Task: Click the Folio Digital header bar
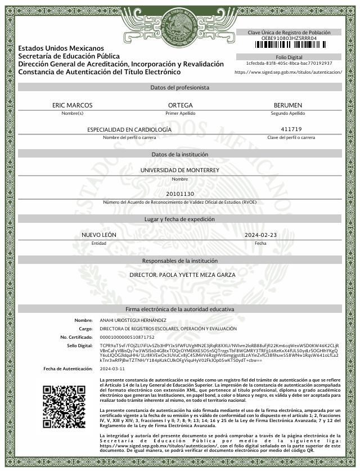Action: (x=289, y=57)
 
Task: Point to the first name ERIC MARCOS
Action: (x=72, y=105)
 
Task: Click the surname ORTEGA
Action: (x=180, y=105)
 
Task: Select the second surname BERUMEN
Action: (x=287, y=105)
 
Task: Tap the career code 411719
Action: (x=291, y=129)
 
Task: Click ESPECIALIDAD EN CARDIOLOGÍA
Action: (x=129, y=129)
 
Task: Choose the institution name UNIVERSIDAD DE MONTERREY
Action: (x=180, y=169)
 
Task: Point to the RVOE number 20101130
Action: (x=180, y=194)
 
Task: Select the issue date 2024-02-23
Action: (x=260, y=234)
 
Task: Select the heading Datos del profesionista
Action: (x=180, y=88)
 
